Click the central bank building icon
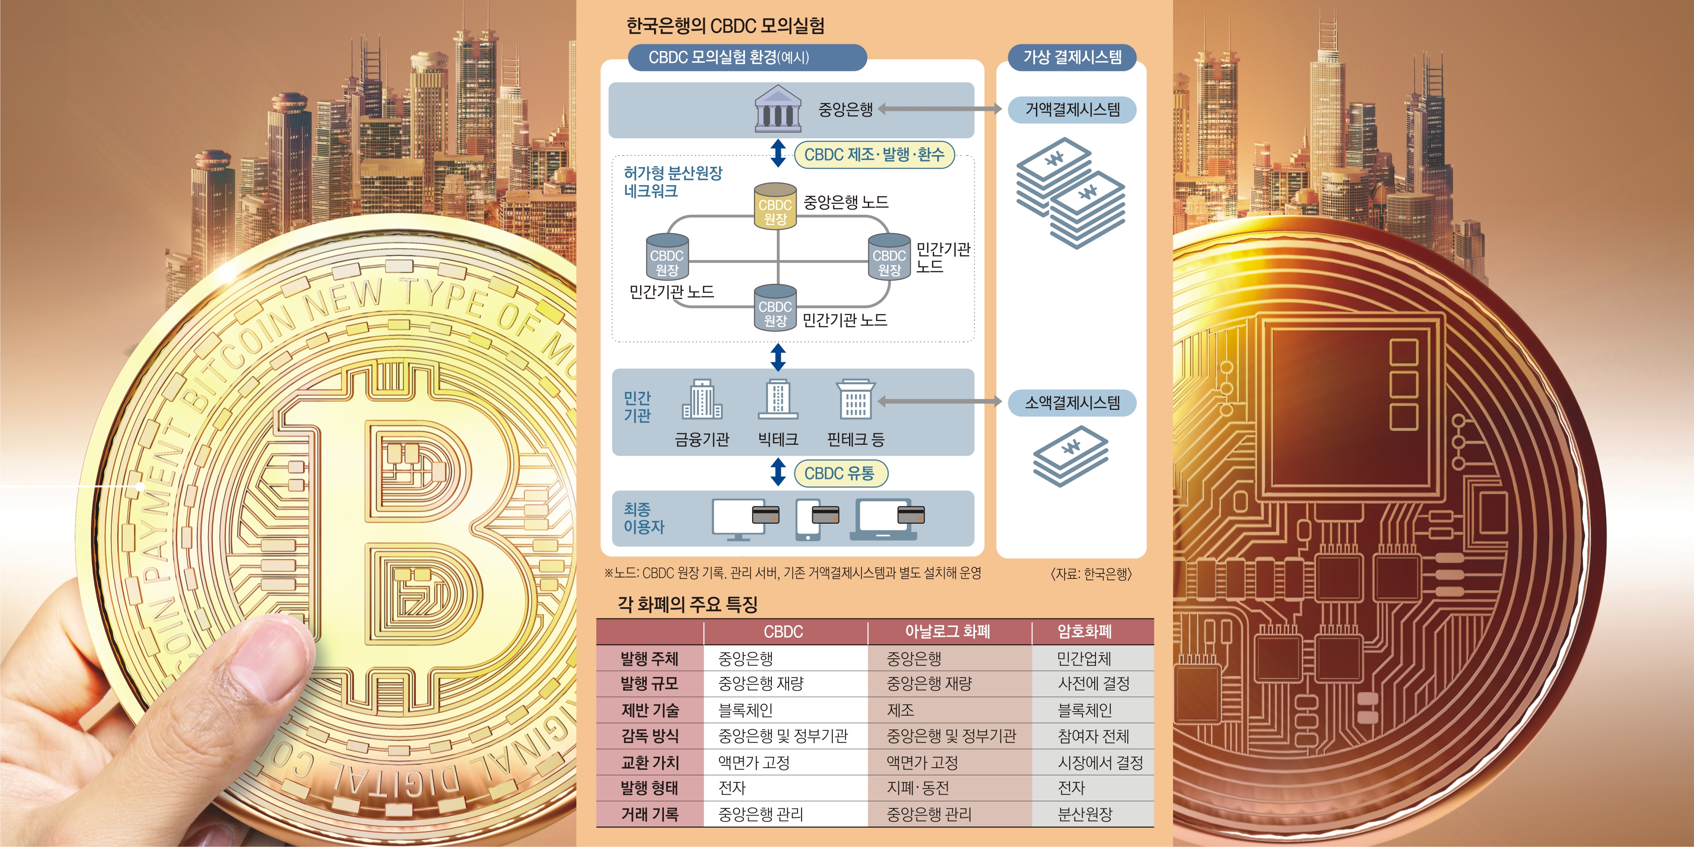pyautogui.click(x=777, y=109)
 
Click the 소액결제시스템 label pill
pyautogui.click(x=1072, y=403)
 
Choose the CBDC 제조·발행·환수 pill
pyautogui.click(x=874, y=155)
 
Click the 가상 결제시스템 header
pyautogui.click(x=1072, y=57)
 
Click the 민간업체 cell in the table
pyautogui.click(x=1084, y=658)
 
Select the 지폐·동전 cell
pyautogui.click(x=917, y=788)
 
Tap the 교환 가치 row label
pyautogui.click(x=650, y=762)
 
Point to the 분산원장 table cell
pyautogui.click(x=1084, y=814)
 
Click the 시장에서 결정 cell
pyautogui.click(x=1100, y=762)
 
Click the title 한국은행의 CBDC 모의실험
pyautogui.click(x=725, y=26)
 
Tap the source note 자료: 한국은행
pyautogui.click(x=1091, y=574)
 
